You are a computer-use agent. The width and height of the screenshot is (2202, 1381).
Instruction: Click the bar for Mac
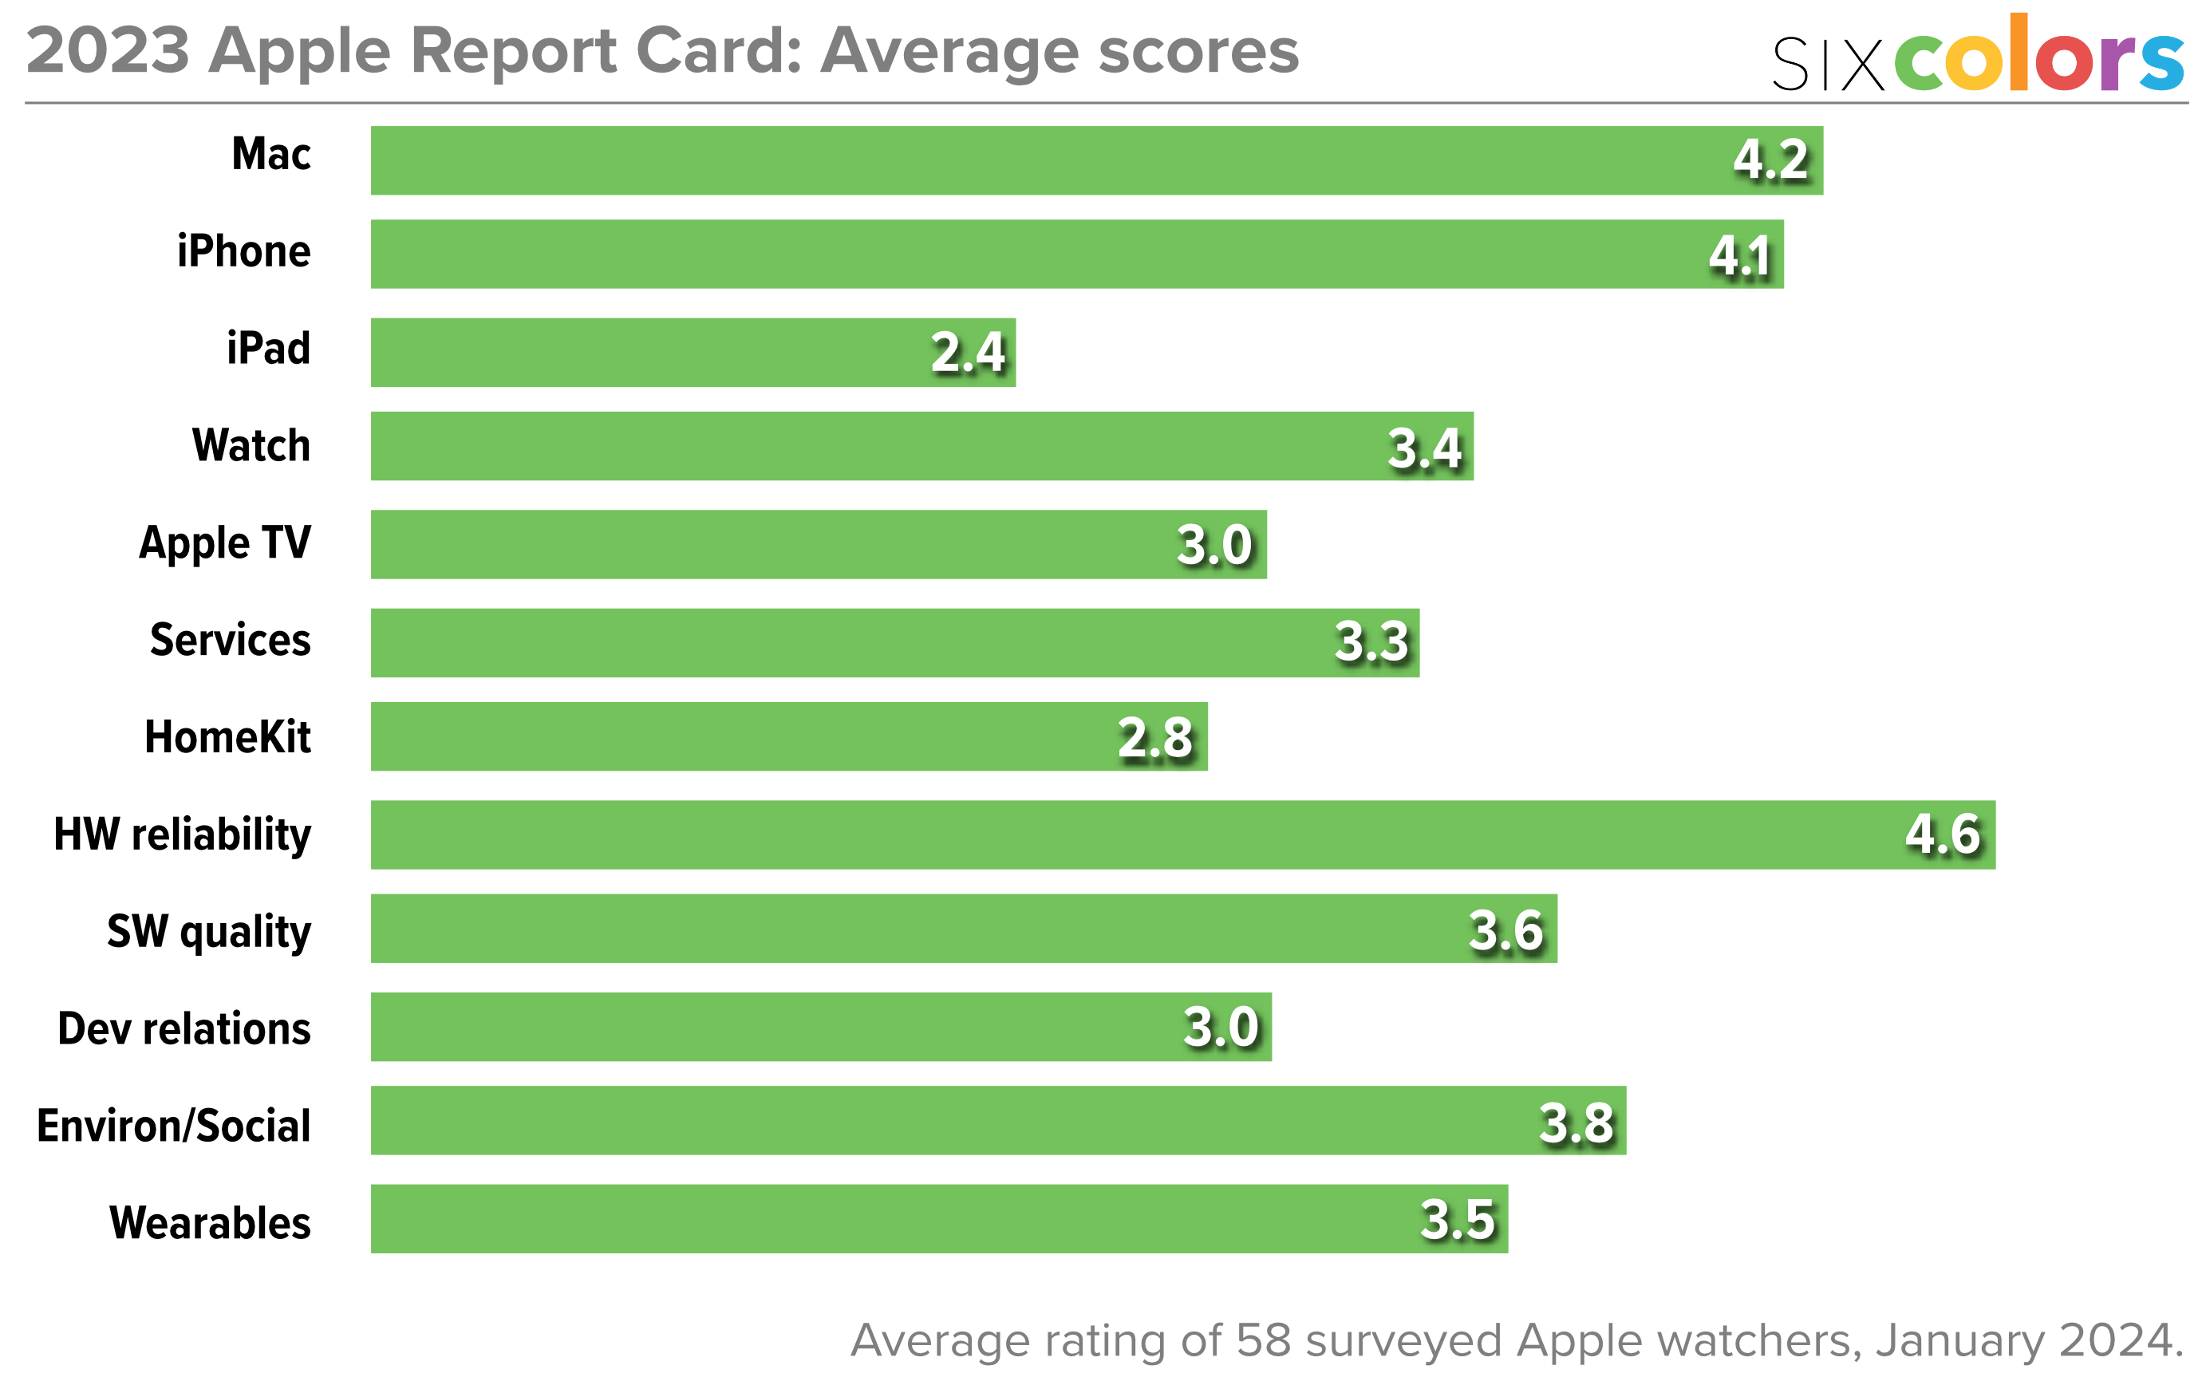pyautogui.click(x=1096, y=160)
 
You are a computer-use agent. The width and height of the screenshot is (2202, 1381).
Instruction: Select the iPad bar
pyautogui.click(x=693, y=353)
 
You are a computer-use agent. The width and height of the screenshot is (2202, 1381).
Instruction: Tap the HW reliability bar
pyautogui.click(x=1182, y=835)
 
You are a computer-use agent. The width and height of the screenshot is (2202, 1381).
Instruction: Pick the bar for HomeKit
pyautogui.click(x=788, y=736)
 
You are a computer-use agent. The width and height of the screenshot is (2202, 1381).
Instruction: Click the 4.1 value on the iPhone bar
pyautogui.click(x=1740, y=256)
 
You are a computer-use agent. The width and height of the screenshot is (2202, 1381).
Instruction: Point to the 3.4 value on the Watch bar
pyautogui.click(x=1424, y=448)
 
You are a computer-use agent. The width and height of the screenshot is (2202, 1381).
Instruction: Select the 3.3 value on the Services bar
pyautogui.click(x=1371, y=642)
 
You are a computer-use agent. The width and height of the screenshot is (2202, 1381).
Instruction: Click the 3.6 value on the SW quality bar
pyautogui.click(x=1505, y=931)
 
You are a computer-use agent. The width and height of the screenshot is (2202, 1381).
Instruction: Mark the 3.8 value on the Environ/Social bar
pyautogui.click(x=1576, y=1123)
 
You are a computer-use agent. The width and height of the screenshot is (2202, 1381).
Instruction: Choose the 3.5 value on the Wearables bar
pyautogui.click(x=1457, y=1221)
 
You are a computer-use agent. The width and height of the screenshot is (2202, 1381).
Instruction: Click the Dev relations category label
pyautogui.click(x=183, y=1028)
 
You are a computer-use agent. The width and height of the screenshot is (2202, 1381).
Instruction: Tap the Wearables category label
pyautogui.click(x=210, y=1223)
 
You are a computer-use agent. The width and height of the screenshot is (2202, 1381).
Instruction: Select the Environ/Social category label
pyautogui.click(x=174, y=1125)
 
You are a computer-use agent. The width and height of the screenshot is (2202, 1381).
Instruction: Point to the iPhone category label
pyautogui.click(x=244, y=251)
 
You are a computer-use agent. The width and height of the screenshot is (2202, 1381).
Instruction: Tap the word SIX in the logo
pyautogui.click(x=1827, y=64)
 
